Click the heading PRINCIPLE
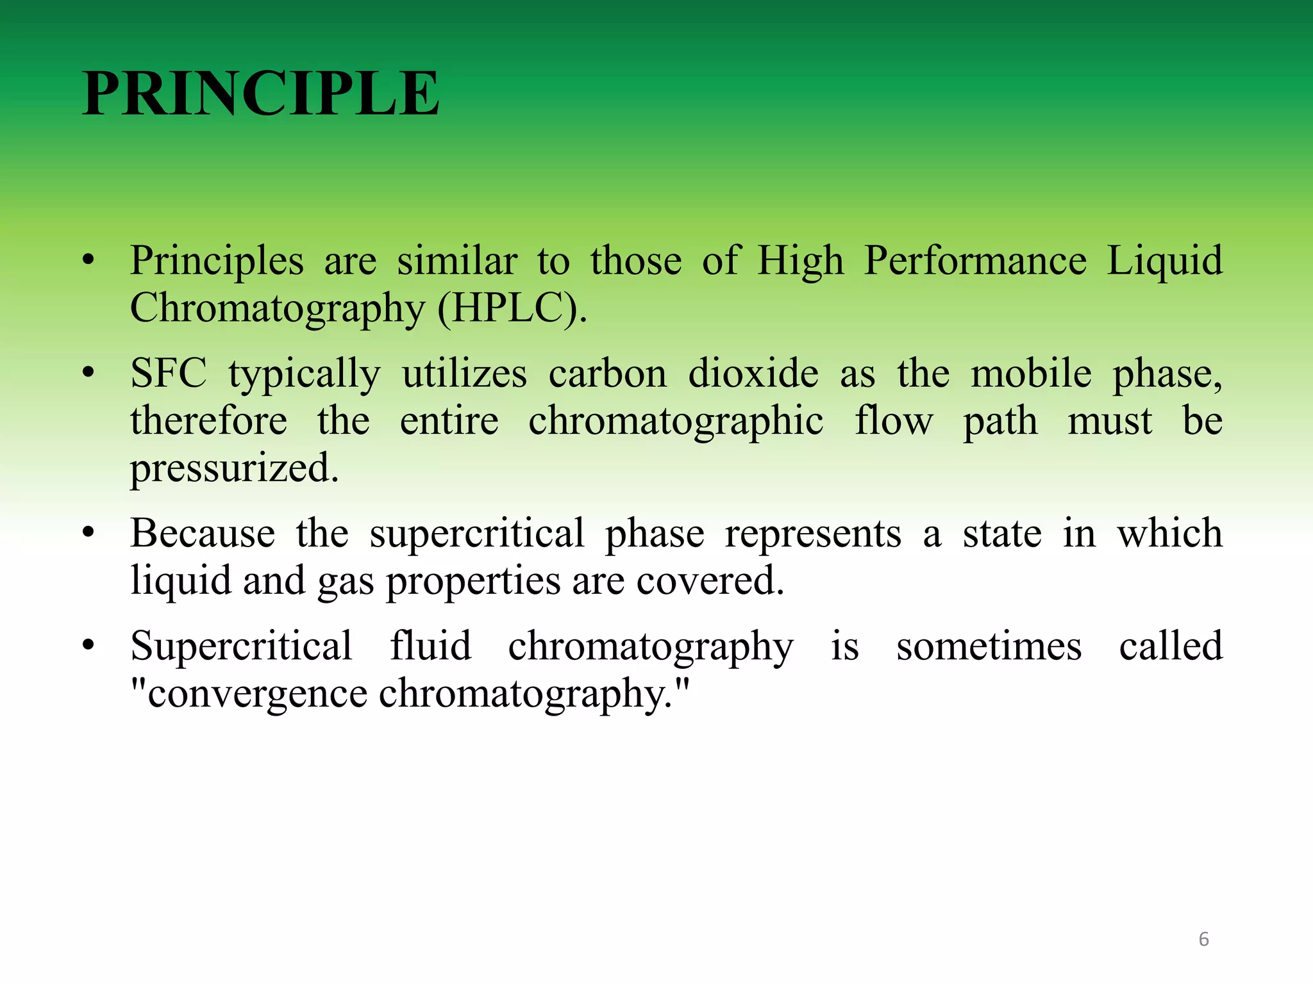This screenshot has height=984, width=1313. tap(261, 94)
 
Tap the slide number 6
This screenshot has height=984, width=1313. tap(1203, 939)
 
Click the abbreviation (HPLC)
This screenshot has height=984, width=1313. tap(512, 309)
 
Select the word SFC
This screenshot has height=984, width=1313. tap(169, 373)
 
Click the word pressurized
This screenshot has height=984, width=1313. tap(234, 469)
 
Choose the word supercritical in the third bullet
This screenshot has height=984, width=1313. tap(476, 534)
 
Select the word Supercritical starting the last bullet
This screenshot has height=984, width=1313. tap(241, 646)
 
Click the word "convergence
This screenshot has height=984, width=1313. tap(249, 694)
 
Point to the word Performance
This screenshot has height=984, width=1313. tap(975, 261)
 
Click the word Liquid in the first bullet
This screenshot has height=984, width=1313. tap(1165, 261)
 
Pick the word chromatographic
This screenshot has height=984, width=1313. tap(676, 422)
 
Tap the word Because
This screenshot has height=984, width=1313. tap(203, 534)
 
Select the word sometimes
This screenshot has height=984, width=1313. tap(989, 646)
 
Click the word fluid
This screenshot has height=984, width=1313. tap(431, 646)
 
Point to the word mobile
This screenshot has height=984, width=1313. tap(1031, 373)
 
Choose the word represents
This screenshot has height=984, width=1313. tap(813, 534)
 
